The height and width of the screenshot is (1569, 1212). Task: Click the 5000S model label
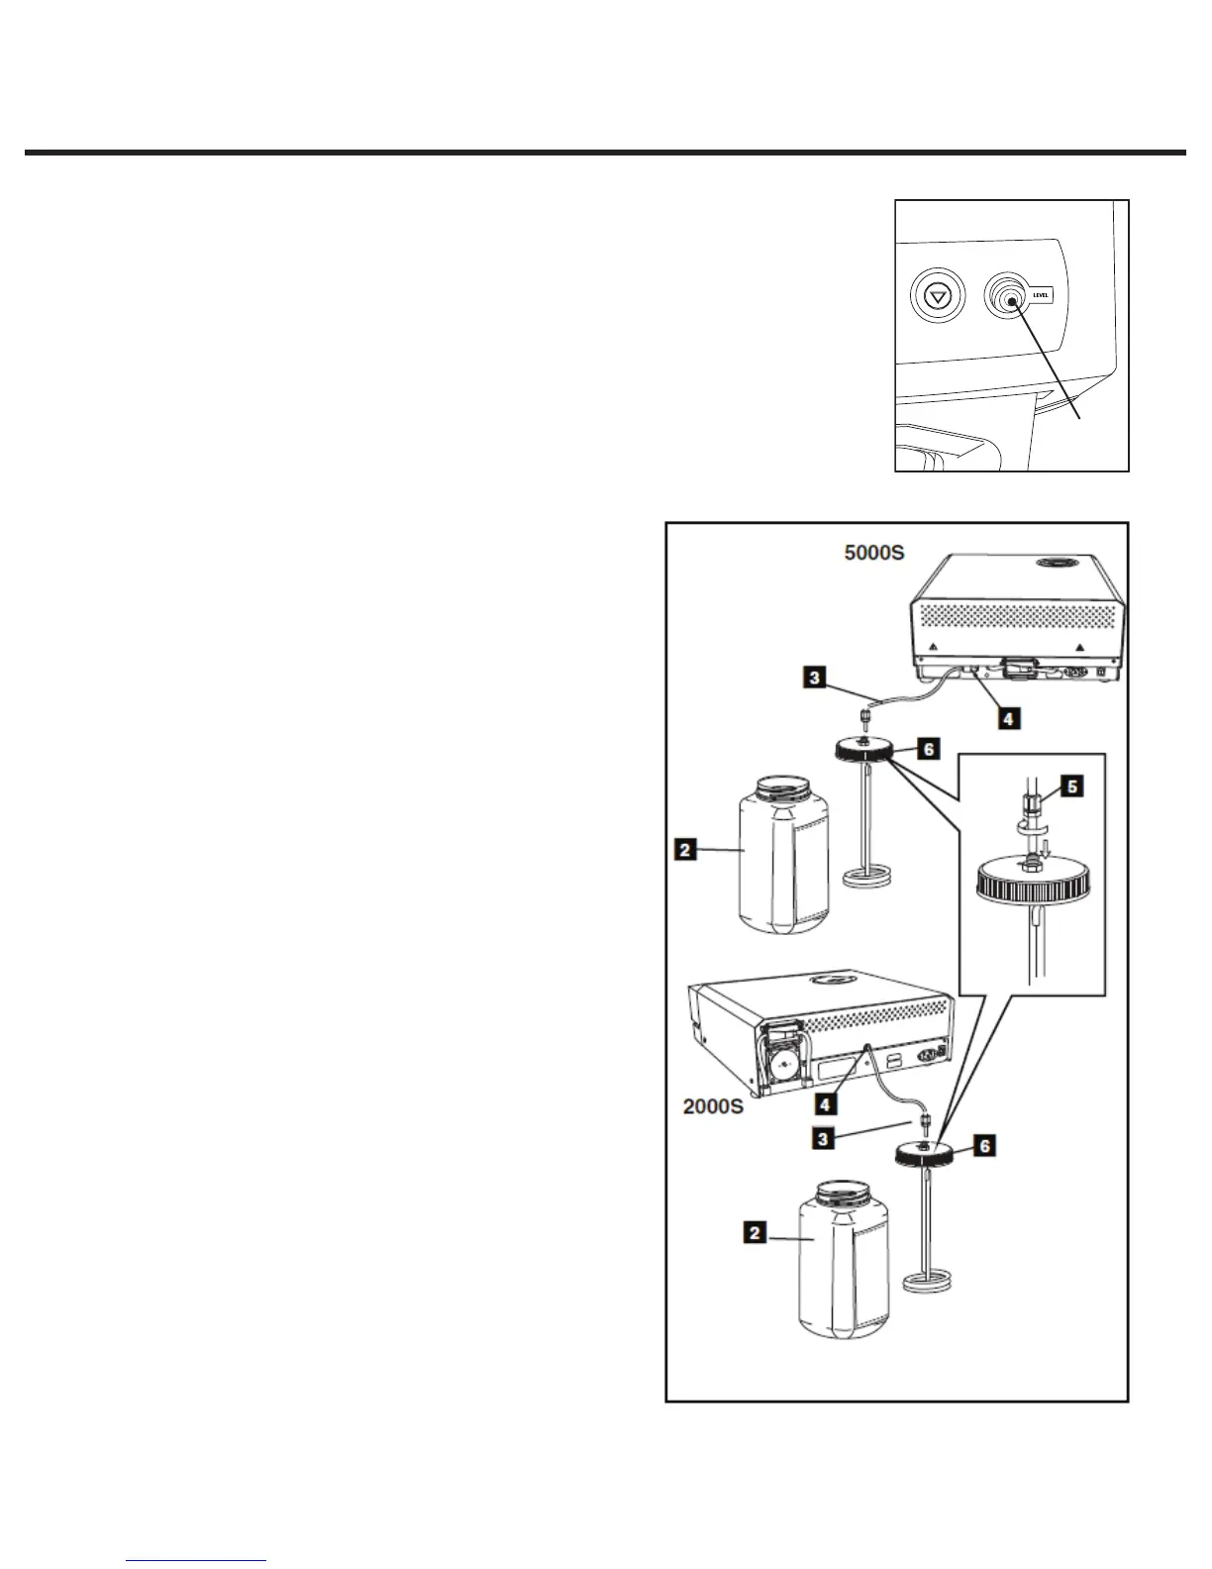[873, 553]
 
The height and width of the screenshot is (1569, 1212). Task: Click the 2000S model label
[713, 1106]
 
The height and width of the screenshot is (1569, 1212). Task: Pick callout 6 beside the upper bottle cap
[928, 750]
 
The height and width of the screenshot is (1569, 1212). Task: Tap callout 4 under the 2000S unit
[822, 1102]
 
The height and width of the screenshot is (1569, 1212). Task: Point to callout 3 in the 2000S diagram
[822, 1139]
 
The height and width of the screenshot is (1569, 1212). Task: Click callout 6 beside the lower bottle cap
[983, 1146]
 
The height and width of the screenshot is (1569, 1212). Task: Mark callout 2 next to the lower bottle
[756, 1234]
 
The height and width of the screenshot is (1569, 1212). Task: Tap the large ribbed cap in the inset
[1033, 882]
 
